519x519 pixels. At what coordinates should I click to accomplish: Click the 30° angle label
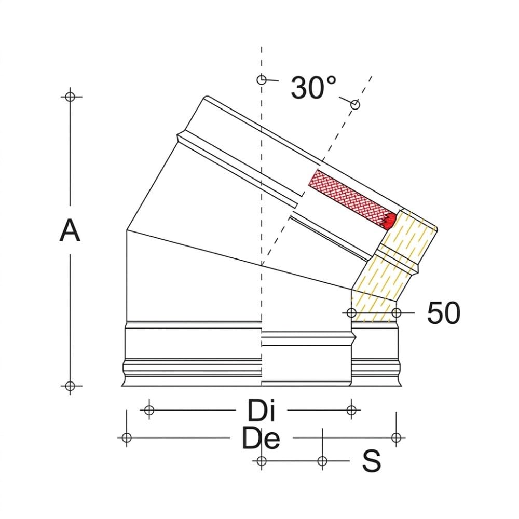[x=313, y=88]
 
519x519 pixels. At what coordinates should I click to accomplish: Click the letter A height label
[x=70, y=231]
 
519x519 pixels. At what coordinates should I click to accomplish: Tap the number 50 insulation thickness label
[x=444, y=313]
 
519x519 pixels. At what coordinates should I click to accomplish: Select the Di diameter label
[x=262, y=411]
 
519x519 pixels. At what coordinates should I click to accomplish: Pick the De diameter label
[x=261, y=438]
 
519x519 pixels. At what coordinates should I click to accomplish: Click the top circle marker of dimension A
[x=70, y=97]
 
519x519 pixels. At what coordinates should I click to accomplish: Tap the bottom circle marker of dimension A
[x=70, y=386]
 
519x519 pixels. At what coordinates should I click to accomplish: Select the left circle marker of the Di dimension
[x=149, y=411]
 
